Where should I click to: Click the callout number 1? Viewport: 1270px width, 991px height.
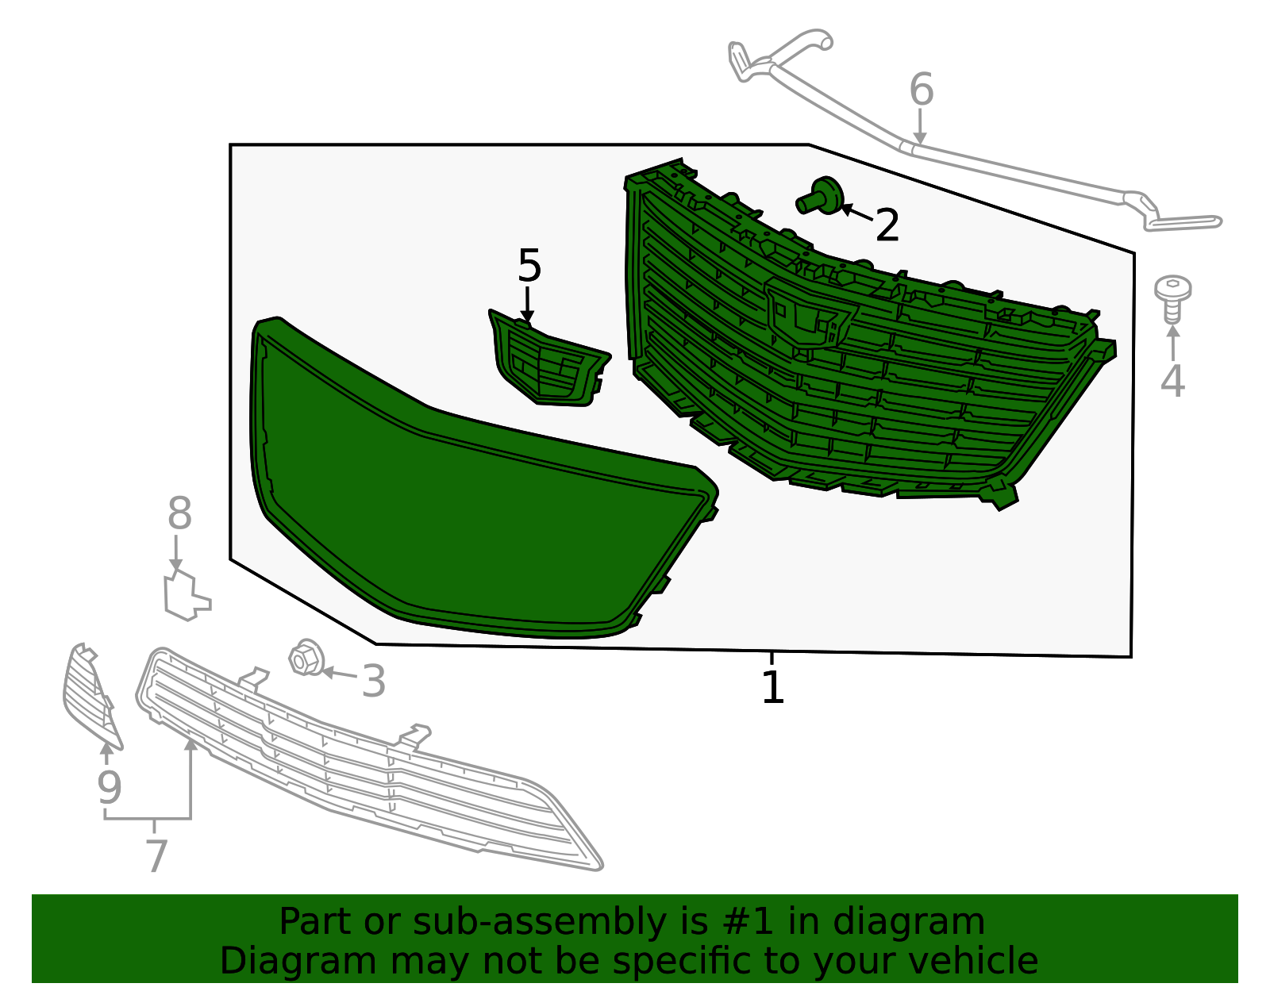(x=772, y=688)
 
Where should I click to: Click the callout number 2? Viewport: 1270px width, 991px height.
(x=887, y=225)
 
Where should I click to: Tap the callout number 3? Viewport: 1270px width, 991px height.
(x=373, y=682)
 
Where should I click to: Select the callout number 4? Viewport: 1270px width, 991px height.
(x=1172, y=381)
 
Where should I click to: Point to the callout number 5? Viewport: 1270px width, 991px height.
(x=529, y=266)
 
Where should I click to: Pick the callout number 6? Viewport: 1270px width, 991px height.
(x=921, y=89)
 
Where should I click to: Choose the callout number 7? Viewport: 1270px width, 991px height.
(x=156, y=856)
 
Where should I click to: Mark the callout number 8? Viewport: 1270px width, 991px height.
(x=179, y=514)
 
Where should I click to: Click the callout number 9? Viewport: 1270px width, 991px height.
(x=109, y=787)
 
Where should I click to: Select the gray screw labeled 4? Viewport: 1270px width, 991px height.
(x=1172, y=297)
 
